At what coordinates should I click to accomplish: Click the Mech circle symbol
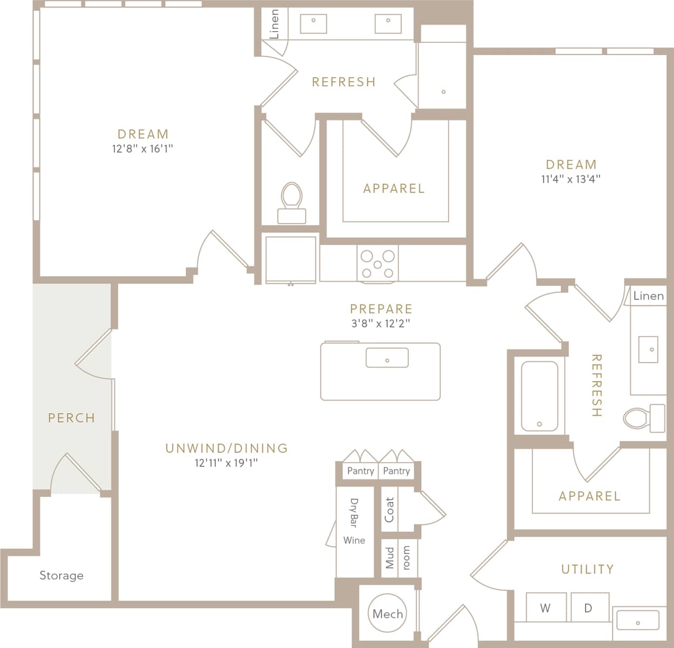tap(387, 613)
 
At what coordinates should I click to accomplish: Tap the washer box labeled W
tap(545, 608)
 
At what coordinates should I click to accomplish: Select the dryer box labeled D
tap(588, 608)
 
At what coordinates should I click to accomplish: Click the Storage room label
tap(62, 576)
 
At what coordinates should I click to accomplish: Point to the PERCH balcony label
tap(71, 417)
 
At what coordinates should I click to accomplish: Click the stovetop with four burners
tap(378, 263)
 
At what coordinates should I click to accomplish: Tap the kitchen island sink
tap(387, 358)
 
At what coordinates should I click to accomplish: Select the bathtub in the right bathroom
tap(540, 396)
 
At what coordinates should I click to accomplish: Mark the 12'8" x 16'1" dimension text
tap(143, 149)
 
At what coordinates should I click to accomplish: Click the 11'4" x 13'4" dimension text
tap(571, 179)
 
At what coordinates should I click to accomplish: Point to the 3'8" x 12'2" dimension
tap(381, 323)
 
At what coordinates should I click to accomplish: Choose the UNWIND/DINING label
tap(226, 448)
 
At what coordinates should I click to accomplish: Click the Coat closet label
tap(389, 509)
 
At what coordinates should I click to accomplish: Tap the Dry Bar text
tap(354, 512)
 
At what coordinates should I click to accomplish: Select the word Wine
tap(354, 540)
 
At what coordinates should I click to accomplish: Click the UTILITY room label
tap(587, 569)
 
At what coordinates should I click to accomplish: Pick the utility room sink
tap(638, 620)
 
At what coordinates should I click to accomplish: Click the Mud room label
tap(398, 557)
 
